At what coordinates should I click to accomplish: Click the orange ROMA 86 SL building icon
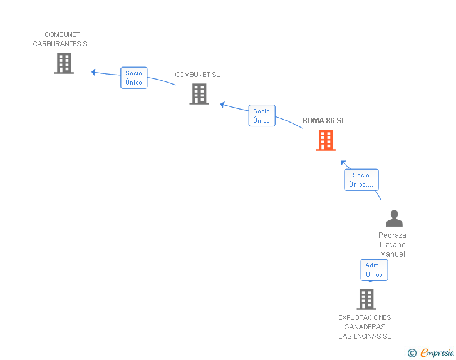[325, 140]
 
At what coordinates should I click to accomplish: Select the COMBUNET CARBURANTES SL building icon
[64, 63]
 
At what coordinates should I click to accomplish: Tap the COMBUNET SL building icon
[199, 94]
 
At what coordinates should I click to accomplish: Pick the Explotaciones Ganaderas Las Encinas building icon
[366, 299]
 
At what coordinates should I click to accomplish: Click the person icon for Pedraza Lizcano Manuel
[394, 218]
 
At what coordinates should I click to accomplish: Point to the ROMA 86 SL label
[324, 121]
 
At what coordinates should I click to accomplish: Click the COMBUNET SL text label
[197, 75]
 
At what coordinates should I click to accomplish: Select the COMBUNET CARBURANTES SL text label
[62, 39]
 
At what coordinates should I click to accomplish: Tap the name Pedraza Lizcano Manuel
[392, 245]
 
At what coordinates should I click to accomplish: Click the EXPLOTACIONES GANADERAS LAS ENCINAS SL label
[365, 327]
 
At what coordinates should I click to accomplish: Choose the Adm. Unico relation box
[374, 270]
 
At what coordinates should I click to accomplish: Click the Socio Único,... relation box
[361, 180]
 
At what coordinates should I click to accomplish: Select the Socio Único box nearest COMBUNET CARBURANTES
[134, 78]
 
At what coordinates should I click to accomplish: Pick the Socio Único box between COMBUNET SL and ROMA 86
[262, 116]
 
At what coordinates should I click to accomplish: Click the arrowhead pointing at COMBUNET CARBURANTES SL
[93, 72]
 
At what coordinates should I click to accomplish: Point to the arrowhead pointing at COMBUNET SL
[222, 104]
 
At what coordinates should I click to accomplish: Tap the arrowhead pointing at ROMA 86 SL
[343, 163]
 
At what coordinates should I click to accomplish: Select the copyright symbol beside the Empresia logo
[412, 353]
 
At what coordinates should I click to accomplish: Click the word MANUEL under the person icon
[392, 254]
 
